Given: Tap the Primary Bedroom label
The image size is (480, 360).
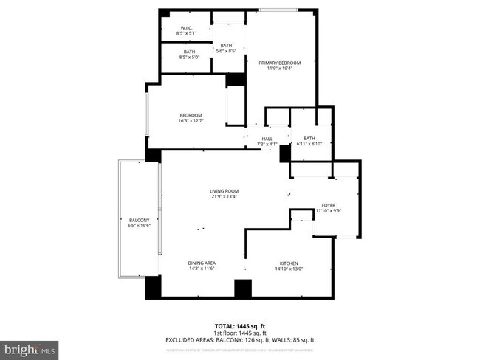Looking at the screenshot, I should (279, 63).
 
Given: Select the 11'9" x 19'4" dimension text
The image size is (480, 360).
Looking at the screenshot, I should (279, 69).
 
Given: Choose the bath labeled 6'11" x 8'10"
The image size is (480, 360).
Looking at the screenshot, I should (309, 138).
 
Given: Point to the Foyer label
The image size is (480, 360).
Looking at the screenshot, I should (328, 205).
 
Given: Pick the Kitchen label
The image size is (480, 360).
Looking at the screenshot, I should (287, 263).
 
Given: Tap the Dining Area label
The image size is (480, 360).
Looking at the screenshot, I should (201, 263).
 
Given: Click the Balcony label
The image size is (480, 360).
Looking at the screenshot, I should (140, 221).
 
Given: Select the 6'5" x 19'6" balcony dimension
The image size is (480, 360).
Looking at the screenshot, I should (140, 226).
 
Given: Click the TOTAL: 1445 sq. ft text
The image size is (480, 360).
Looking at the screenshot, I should (240, 325).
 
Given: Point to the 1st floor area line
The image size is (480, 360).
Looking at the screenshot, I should (240, 333).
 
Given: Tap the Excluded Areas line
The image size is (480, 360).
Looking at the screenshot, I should (240, 340).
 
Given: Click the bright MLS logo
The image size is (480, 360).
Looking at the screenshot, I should (30, 347).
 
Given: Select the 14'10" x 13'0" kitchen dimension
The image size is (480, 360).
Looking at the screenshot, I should (287, 269).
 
